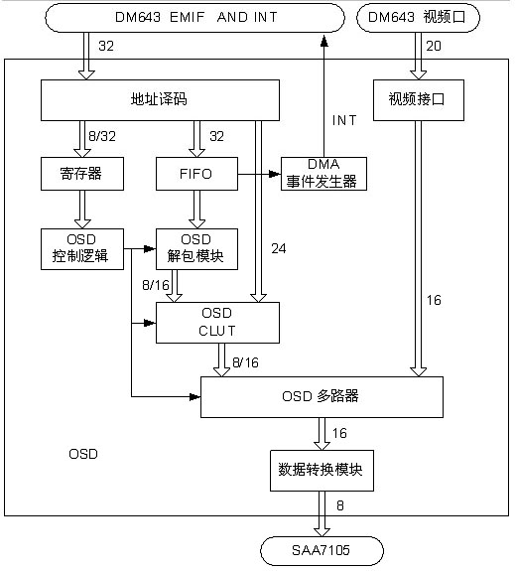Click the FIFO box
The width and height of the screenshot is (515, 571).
point(196,174)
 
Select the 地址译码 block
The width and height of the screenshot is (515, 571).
point(160,100)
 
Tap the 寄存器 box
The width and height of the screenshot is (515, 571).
point(82,174)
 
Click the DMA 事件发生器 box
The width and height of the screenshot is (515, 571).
point(323,174)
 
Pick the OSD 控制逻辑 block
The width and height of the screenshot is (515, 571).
point(82,249)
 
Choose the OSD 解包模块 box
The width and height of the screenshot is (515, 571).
point(196,249)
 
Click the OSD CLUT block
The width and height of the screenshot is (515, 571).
point(217,323)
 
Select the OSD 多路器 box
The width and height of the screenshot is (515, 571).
point(322,397)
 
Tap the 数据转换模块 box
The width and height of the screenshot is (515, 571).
point(322,471)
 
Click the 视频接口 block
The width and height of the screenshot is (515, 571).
point(419,100)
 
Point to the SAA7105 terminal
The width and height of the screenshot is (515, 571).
point(322,550)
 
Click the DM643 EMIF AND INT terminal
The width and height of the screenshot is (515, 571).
point(194,18)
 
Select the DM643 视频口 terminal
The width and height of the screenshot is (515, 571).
point(418,18)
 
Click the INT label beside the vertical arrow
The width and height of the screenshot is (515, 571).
point(344,120)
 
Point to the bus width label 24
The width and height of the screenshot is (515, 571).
point(279,248)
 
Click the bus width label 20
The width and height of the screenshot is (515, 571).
point(434,46)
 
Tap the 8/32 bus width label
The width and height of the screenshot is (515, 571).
point(102,136)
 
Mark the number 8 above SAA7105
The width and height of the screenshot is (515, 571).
point(340,505)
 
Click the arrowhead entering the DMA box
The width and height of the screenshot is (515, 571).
point(275,174)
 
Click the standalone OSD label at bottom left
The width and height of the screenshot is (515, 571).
point(83,454)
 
